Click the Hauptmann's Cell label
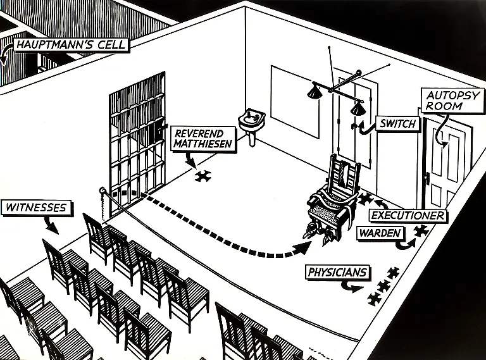[70, 45]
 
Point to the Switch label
[397, 123]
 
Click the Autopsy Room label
[452, 101]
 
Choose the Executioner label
[408, 216]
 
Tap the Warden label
[380, 233]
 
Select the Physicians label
[337, 273]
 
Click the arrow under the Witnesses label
[51, 223]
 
